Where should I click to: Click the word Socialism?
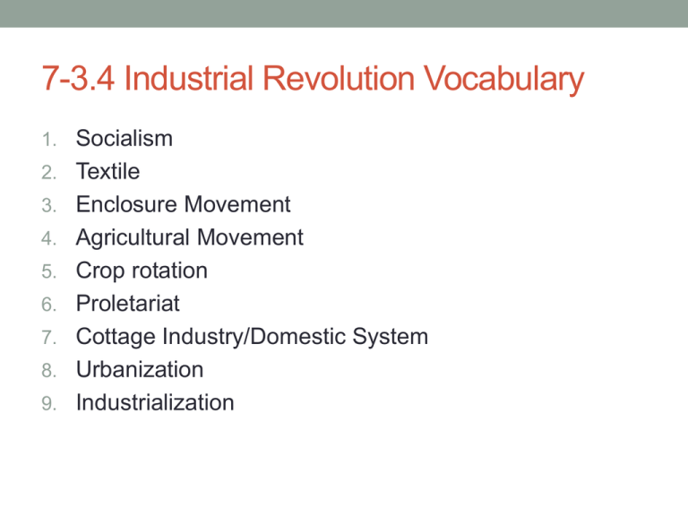pos(125,139)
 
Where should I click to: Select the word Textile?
pos(108,171)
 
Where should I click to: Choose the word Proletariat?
pos(128,304)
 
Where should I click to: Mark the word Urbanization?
pos(140,369)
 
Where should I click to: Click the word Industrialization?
pos(155,402)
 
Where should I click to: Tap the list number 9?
pos(50,403)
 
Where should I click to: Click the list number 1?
pos(51,140)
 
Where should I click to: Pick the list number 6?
pos(50,305)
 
